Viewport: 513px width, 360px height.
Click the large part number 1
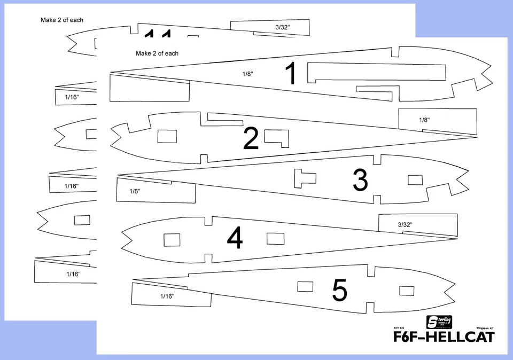coord(291,74)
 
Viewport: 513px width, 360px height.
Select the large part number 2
coord(251,138)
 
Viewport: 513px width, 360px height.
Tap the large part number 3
coord(360,181)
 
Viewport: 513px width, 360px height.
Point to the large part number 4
coord(235,239)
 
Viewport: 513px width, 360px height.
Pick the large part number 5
coord(340,291)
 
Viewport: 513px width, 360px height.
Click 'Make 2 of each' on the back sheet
coord(62,20)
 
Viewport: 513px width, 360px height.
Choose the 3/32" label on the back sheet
coord(284,26)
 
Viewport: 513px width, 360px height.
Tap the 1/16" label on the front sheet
coord(167,295)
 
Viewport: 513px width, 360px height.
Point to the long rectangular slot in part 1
coord(377,71)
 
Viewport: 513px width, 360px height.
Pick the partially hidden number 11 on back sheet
coord(158,34)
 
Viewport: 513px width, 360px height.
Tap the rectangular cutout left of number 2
coord(167,136)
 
